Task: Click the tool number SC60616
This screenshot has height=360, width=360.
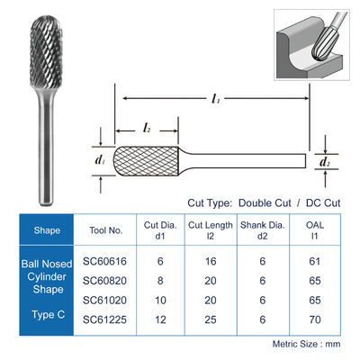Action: click(x=104, y=261)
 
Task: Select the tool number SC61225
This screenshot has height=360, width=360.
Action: click(x=104, y=319)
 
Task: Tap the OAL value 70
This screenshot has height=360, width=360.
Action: click(x=315, y=319)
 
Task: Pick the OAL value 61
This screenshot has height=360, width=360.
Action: click(x=315, y=261)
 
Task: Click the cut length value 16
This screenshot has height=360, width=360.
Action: click(x=211, y=261)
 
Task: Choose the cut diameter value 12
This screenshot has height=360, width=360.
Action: click(x=160, y=319)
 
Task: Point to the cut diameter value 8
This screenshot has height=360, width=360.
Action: click(x=160, y=281)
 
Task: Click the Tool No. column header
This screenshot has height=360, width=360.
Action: click(x=106, y=230)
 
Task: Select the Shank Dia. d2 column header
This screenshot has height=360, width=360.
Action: click(x=263, y=230)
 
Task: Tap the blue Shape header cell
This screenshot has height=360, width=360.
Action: click(x=47, y=229)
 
